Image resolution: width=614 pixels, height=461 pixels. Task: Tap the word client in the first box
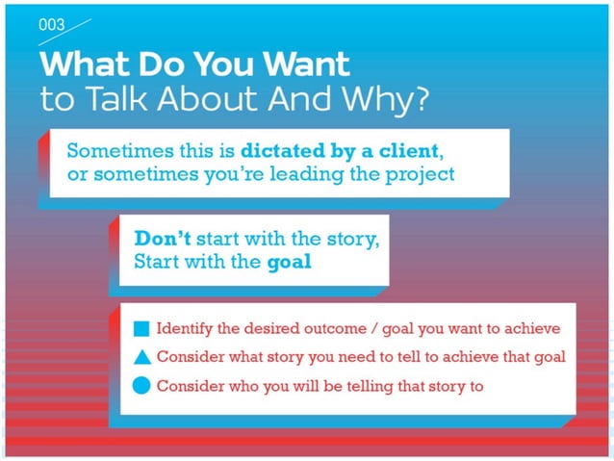409,152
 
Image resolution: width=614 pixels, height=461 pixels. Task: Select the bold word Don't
161,238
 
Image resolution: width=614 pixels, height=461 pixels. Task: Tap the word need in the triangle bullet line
371,357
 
